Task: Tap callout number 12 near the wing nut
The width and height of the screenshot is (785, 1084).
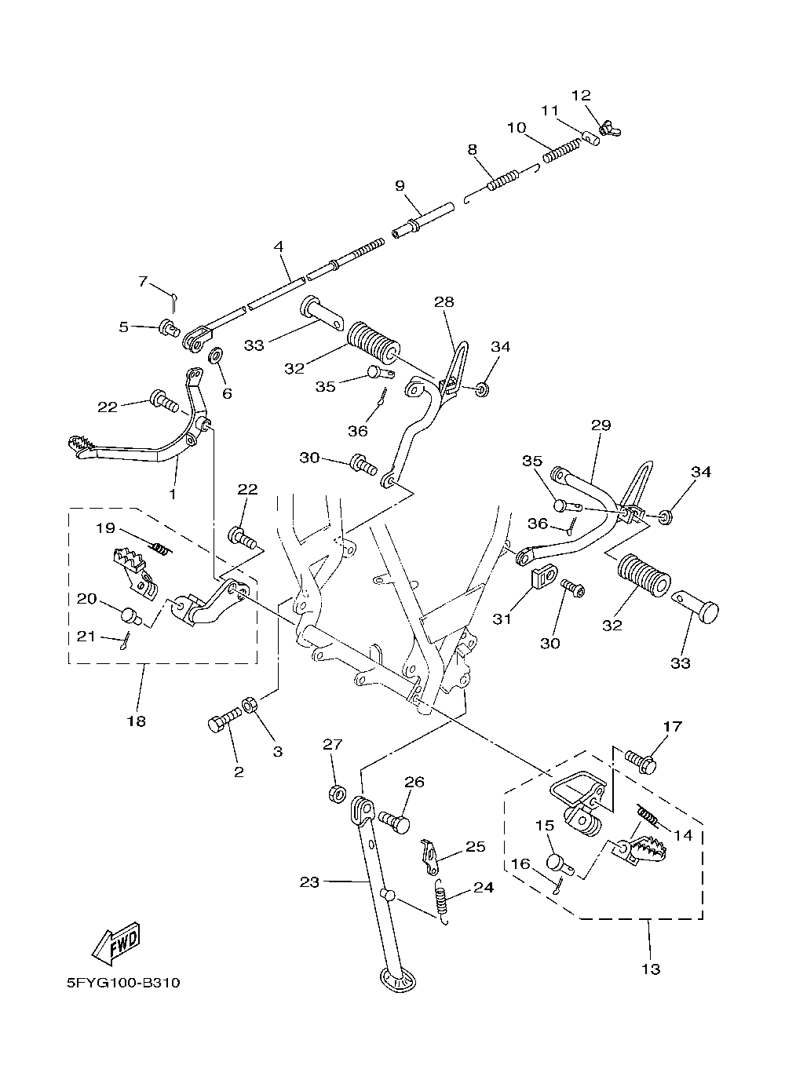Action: point(581,96)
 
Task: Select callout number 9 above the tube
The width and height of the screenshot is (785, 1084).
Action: point(400,186)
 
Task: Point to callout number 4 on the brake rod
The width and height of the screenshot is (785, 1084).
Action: point(279,246)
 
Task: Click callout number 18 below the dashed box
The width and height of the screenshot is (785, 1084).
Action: point(136,721)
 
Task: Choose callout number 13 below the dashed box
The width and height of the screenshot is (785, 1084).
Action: point(651,969)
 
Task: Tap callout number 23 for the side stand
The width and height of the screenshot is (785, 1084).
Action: point(309,882)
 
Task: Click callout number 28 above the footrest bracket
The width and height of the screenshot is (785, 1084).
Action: point(444,301)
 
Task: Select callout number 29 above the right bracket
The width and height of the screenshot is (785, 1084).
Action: point(601,425)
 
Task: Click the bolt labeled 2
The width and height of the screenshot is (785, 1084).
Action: point(224,720)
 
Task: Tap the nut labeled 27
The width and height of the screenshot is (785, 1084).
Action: point(334,794)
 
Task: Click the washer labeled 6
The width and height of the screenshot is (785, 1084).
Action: point(214,358)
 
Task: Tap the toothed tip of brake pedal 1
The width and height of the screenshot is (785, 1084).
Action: point(82,445)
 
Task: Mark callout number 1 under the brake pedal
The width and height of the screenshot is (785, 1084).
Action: point(173,495)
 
